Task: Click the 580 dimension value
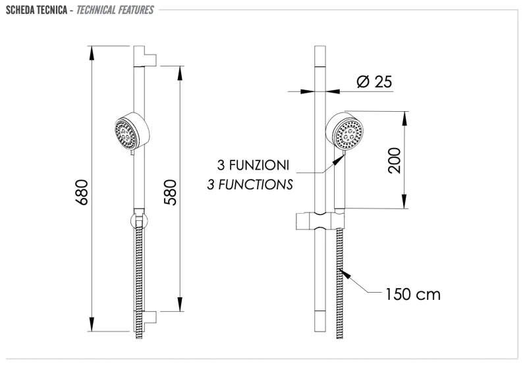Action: click(170, 191)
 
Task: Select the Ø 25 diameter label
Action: click(374, 82)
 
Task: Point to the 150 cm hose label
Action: click(413, 293)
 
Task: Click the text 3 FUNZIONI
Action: click(254, 164)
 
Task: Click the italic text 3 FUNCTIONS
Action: click(250, 184)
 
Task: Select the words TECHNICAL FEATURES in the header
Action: click(116, 10)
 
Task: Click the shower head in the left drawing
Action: click(129, 133)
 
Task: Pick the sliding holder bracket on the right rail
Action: click(317, 221)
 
